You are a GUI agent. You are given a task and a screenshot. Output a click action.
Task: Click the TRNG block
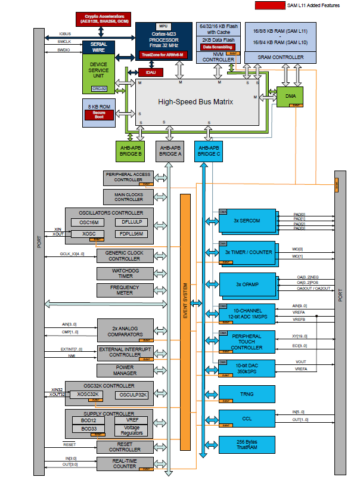point(247,394)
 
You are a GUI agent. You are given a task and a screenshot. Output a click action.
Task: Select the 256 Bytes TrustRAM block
point(247,445)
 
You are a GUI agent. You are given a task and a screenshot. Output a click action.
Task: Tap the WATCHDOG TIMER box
point(125,273)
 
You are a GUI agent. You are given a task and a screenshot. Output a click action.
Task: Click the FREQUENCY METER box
point(125,290)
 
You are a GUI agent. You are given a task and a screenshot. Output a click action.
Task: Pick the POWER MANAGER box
point(125,370)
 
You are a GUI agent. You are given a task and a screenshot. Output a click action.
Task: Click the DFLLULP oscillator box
point(131,222)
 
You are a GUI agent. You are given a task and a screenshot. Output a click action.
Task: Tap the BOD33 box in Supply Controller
point(89,429)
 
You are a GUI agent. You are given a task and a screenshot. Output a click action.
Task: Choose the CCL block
point(247,419)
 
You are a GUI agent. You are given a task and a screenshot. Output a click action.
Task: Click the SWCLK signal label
point(65,42)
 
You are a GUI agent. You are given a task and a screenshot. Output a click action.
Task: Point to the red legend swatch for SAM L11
point(269,5)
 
